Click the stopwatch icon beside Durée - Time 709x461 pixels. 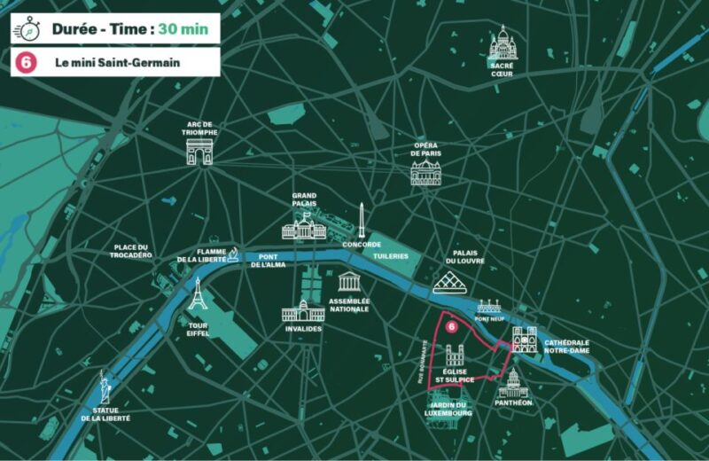[x=27, y=28]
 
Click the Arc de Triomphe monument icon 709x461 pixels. [x=200, y=152]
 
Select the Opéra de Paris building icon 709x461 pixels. [x=426, y=171]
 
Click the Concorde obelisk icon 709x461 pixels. [x=362, y=219]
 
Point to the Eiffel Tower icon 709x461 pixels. [x=198, y=296]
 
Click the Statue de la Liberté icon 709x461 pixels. [x=105, y=387]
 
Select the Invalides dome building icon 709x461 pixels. [x=304, y=311]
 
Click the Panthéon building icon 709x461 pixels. [x=513, y=384]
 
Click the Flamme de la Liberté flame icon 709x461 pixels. [x=233, y=255]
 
